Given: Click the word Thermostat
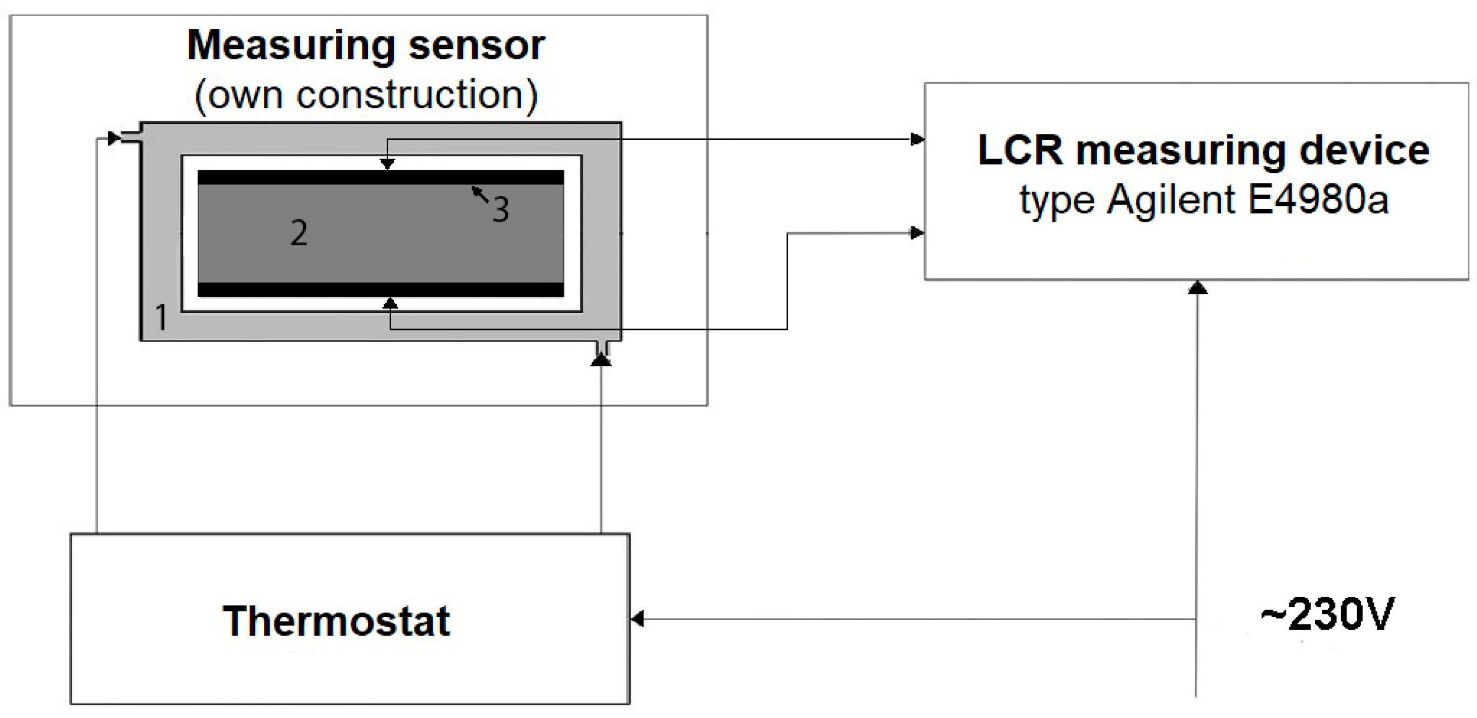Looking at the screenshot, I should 336,621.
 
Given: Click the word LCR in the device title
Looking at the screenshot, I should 1020,151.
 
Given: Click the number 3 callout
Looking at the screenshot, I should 500,209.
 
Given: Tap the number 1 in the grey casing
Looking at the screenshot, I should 161,317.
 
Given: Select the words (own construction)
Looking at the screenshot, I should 366,95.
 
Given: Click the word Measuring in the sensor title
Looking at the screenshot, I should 291,45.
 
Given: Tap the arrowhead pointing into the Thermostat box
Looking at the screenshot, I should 637,619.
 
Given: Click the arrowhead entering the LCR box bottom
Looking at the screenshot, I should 1197,287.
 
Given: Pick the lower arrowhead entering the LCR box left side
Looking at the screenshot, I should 917,232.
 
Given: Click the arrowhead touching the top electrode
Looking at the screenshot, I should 388,164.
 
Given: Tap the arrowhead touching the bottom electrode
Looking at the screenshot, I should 390,303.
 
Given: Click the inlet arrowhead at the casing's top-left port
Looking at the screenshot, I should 114,138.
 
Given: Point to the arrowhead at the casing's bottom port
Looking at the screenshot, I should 601,360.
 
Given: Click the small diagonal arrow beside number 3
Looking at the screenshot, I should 480,194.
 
